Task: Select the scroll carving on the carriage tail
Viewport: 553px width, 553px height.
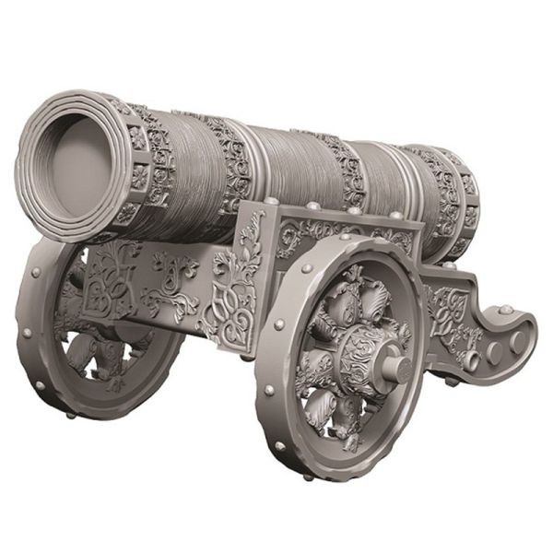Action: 452,309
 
